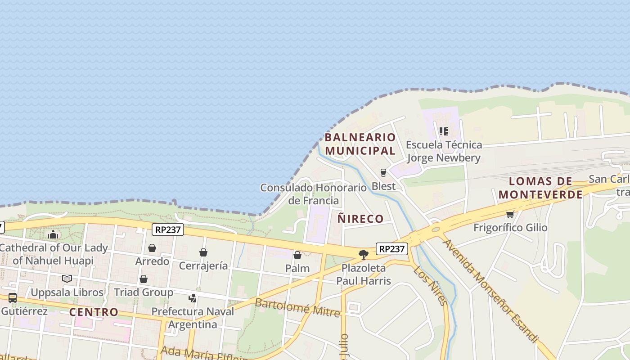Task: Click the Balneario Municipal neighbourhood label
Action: pyautogui.click(x=360, y=144)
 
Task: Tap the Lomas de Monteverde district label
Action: pyautogui.click(x=540, y=188)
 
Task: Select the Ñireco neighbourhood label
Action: pyautogui.click(x=360, y=219)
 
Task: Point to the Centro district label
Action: pyautogui.click(x=94, y=312)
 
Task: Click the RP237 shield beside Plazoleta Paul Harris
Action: pyautogui.click(x=392, y=249)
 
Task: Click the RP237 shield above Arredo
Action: pyautogui.click(x=168, y=229)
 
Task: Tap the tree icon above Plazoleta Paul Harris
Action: pyautogui.click(x=364, y=255)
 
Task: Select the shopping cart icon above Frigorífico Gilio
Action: pyautogui.click(x=510, y=214)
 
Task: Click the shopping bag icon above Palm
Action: pyautogui.click(x=297, y=255)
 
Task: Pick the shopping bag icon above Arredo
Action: pyautogui.click(x=152, y=248)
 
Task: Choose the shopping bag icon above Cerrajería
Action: pyautogui.click(x=203, y=252)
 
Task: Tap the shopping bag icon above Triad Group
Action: pyautogui.click(x=144, y=279)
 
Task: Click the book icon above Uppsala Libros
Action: pyautogui.click(x=67, y=279)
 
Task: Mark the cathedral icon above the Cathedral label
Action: pyautogui.click(x=53, y=234)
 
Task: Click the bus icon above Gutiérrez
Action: pyautogui.click(x=13, y=298)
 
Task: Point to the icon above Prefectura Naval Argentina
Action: pyautogui.click(x=193, y=298)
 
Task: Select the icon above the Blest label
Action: pyautogui.click(x=383, y=173)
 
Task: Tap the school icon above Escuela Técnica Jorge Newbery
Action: pyautogui.click(x=444, y=131)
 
